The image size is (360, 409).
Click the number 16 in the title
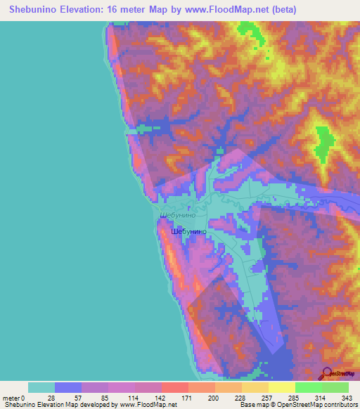click(129, 10)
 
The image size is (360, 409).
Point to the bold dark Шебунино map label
click(188, 230)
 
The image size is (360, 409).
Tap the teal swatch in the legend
click(41, 387)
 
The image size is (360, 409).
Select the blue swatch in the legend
click(68, 387)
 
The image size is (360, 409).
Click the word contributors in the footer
click(340, 404)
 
